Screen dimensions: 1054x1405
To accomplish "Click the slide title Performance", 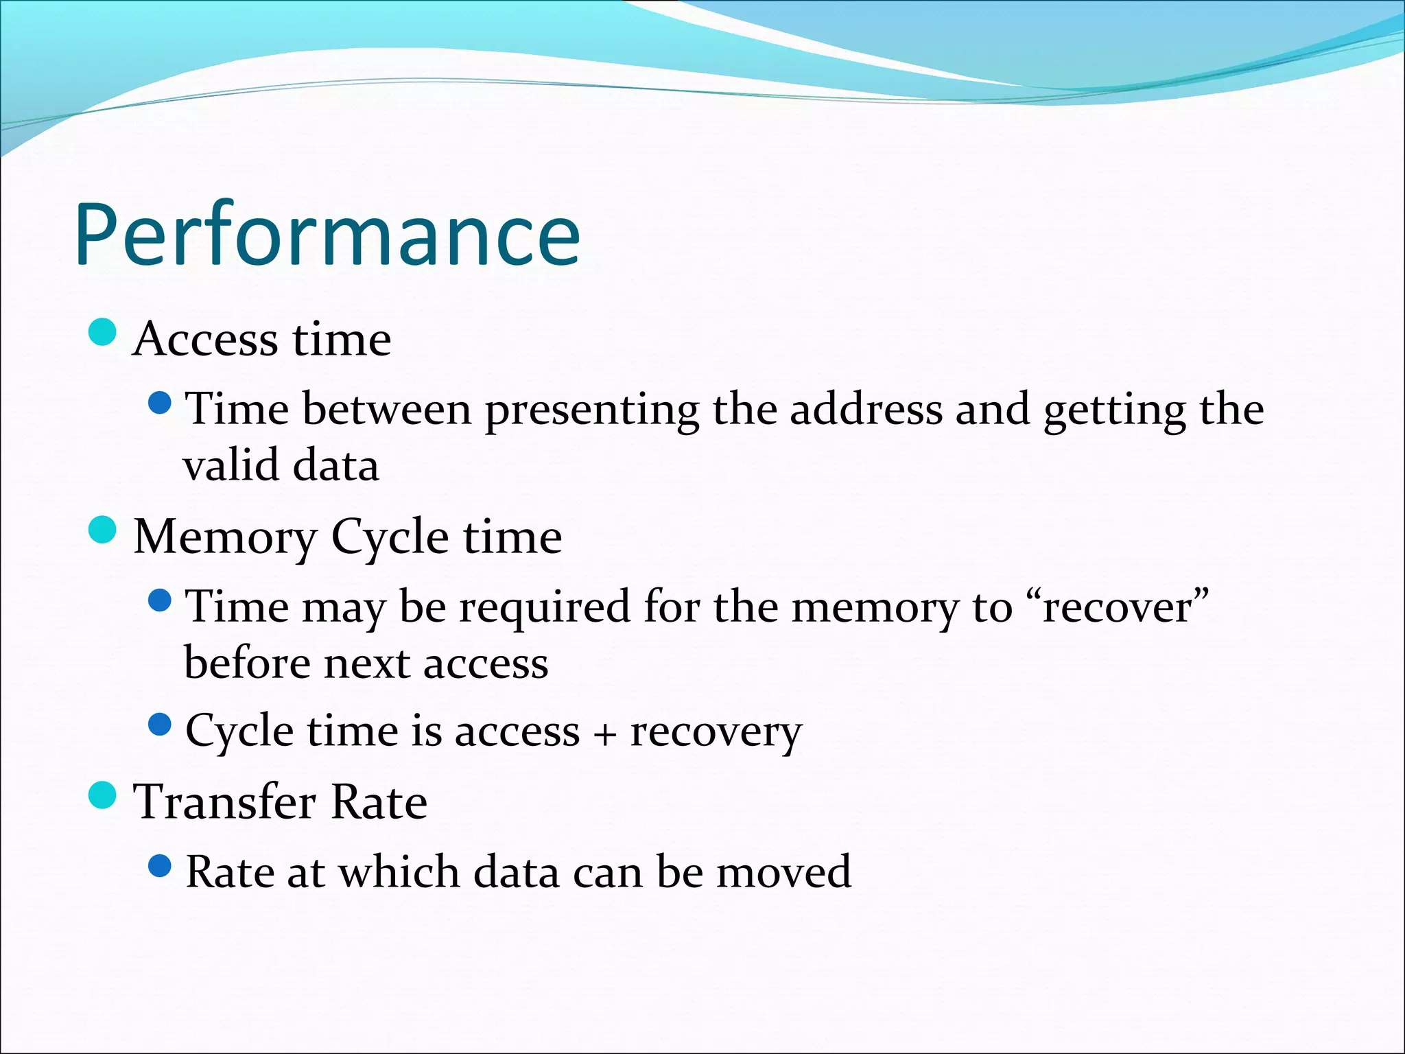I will (328, 235).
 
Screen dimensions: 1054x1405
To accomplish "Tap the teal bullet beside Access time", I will (103, 333).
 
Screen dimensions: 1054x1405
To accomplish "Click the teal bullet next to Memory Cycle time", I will (103, 530).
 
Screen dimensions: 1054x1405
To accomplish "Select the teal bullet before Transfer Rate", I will (103, 795).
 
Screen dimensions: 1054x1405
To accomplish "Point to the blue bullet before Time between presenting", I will (159, 403).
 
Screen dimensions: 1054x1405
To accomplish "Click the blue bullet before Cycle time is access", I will (159, 725).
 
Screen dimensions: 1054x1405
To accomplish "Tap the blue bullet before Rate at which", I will (159, 866).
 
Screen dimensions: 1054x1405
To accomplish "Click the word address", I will (866, 410).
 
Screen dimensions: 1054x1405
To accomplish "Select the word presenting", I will (592, 411).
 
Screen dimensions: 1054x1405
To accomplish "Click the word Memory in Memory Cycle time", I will (225, 538).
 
